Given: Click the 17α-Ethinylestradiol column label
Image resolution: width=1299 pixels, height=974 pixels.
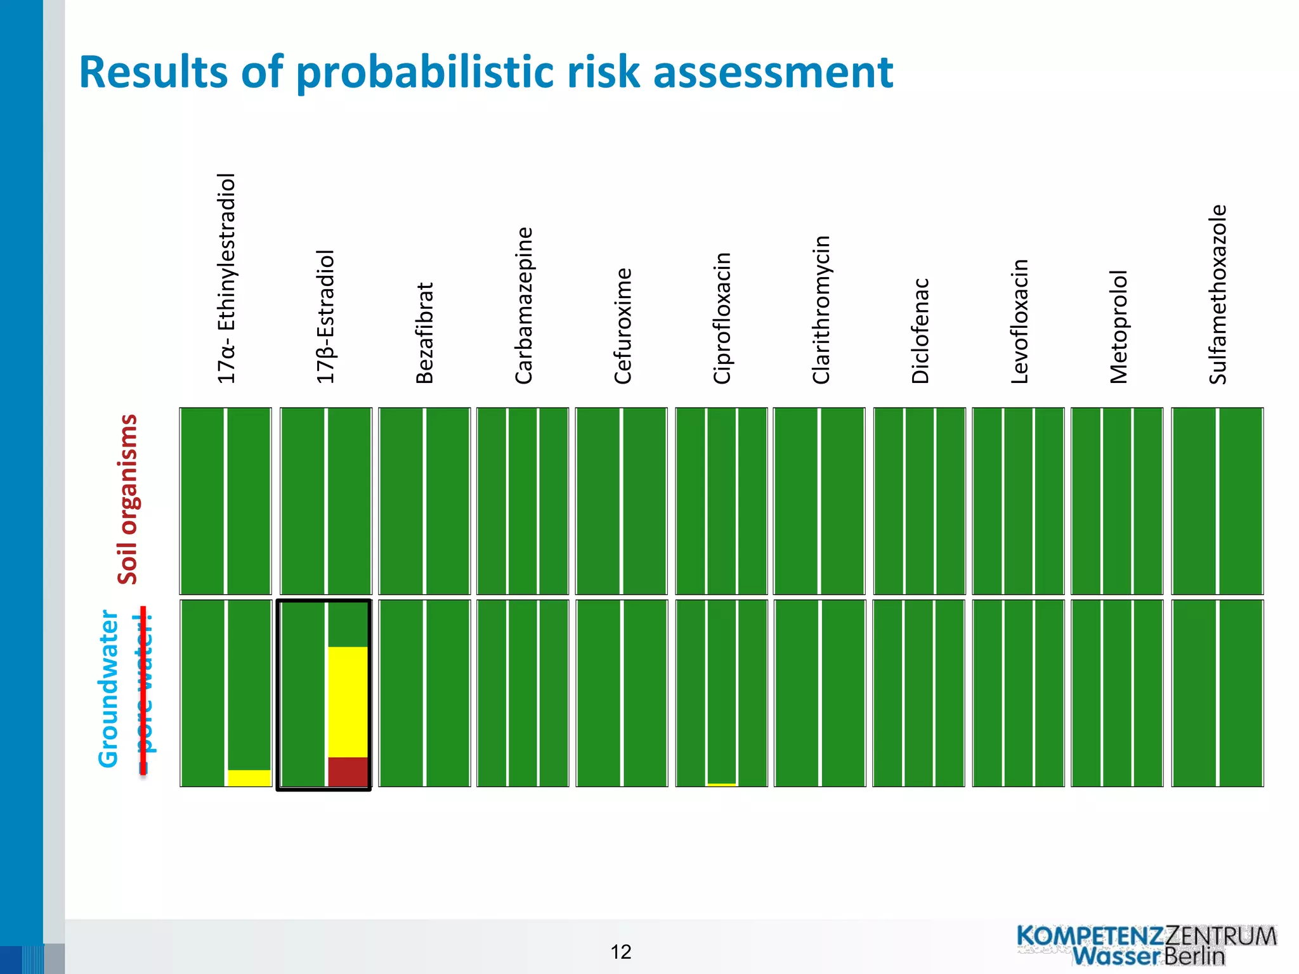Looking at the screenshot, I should click(x=226, y=278).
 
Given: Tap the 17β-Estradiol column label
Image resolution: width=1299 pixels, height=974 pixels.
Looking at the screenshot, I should click(x=325, y=316).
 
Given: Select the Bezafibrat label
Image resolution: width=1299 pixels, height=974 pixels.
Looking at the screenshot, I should click(x=424, y=333).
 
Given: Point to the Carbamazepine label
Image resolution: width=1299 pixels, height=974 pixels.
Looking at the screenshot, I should click(x=524, y=305).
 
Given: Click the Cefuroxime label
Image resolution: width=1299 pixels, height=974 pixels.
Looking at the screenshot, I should click(x=623, y=325).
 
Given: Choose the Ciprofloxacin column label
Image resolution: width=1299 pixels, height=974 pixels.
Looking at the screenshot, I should click(x=722, y=318).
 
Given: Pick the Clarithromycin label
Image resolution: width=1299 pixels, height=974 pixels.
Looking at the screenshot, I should click(x=821, y=309).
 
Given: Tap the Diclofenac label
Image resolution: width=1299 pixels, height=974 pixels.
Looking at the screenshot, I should click(x=920, y=330).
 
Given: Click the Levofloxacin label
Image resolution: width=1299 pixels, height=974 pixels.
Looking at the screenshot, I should click(x=1019, y=321).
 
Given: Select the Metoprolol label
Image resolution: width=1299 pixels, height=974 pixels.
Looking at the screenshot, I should click(x=1118, y=327).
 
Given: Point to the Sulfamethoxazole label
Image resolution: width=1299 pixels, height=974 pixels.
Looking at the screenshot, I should click(x=1217, y=294).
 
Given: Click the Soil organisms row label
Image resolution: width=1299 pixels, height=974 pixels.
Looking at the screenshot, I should click(x=127, y=499).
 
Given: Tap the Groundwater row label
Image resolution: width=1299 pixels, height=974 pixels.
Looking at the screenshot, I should click(x=108, y=689).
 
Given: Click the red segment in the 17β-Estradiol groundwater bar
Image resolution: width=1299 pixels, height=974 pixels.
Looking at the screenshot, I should click(x=348, y=771).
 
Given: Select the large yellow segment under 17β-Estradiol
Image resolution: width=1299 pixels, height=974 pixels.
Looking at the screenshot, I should click(x=348, y=701).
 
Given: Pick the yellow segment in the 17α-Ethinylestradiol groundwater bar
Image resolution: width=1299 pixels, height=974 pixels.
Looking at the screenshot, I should click(x=249, y=777).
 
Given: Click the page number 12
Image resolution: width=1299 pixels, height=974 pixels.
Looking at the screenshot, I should click(x=620, y=952).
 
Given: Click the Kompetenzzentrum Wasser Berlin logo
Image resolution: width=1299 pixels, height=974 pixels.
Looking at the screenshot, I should click(x=1147, y=945).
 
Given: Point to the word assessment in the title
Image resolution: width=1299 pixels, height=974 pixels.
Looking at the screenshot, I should click(x=773, y=72).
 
